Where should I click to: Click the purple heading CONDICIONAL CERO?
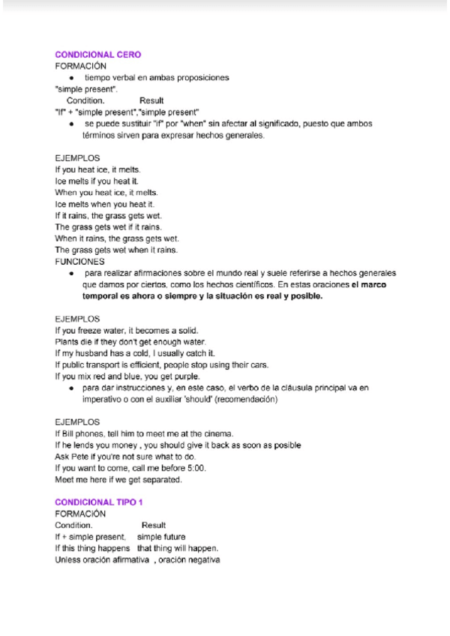click(98, 55)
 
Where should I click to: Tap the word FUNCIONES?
click(79, 262)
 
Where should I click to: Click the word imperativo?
click(103, 400)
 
